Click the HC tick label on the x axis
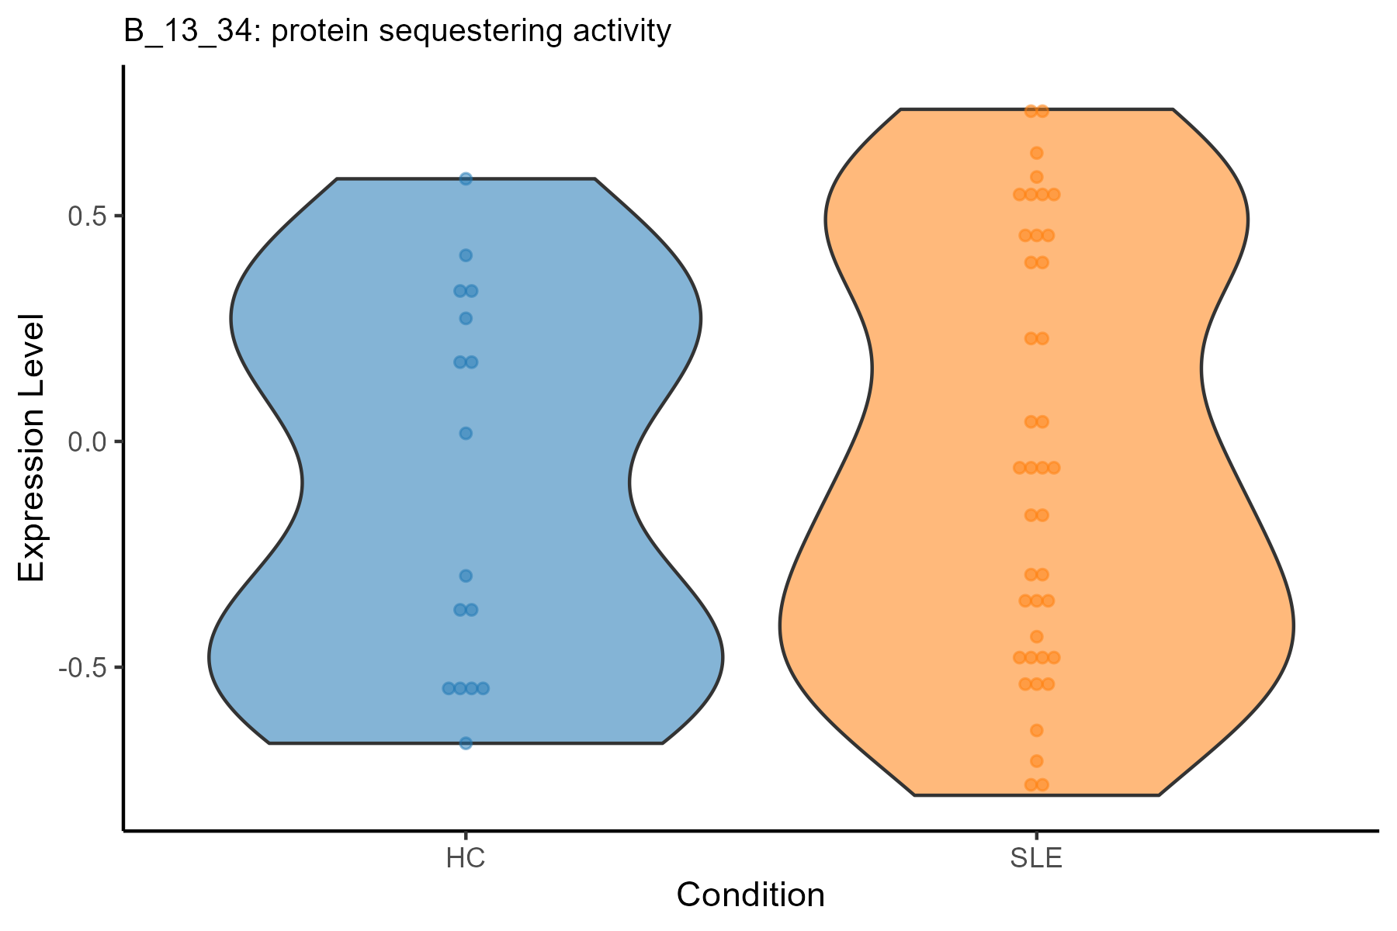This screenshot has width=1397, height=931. (x=466, y=860)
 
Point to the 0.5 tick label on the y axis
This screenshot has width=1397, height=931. (x=86, y=216)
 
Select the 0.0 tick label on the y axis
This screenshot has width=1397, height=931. (x=86, y=441)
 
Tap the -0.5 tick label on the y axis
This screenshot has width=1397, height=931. (x=81, y=667)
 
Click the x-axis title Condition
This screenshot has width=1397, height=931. (x=750, y=895)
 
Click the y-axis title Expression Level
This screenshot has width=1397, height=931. (x=32, y=448)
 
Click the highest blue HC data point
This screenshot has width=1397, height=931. (x=466, y=179)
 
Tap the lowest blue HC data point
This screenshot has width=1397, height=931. (x=466, y=743)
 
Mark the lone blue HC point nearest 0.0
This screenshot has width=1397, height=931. (x=466, y=433)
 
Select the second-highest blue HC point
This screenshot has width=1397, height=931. (x=466, y=255)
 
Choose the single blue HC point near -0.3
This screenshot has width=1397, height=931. (x=466, y=576)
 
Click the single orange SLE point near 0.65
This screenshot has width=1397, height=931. (x=1036, y=153)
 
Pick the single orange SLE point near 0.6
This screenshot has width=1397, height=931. (x=1036, y=177)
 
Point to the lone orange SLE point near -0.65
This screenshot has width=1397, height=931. (x=1036, y=730)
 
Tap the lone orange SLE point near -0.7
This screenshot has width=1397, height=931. (x=1036, y=760)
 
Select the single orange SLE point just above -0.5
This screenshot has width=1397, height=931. (x=1036, y=637)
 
